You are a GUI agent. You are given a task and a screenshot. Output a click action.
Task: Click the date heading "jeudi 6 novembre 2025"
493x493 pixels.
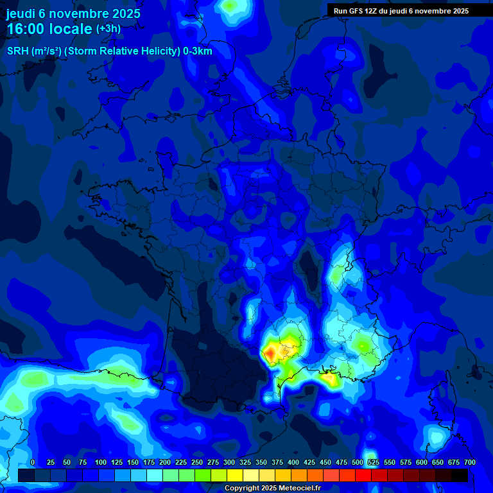click(x=73, y=13)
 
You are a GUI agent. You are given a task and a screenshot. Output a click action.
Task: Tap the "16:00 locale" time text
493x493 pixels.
click(x=49, y=30)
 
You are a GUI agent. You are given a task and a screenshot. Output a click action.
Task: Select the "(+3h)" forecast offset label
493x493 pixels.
click(x=108, y=29)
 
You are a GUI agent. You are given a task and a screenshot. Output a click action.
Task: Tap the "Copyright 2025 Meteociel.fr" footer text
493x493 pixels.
click(x=272, y=488)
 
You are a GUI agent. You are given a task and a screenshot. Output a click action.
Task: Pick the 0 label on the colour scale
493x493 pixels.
click(x=32, y=463)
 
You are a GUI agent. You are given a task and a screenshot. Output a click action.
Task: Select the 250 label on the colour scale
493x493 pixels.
click(x=197, y=463)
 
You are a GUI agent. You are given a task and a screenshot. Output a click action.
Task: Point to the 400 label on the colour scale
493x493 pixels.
click(x=293, y=463)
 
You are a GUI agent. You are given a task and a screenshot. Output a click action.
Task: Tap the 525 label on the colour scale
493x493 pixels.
click(x=374, y=463)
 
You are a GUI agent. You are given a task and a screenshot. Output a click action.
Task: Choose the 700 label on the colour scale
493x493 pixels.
click(x=469, y=463)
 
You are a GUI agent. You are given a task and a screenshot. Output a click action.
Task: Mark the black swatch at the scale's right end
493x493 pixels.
click(x=460, y=475)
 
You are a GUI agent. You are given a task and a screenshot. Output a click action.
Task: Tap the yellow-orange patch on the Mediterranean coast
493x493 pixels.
click(x=331, y=379)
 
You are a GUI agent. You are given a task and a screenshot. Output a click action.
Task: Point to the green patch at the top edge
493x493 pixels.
click(x=229, y=6)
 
